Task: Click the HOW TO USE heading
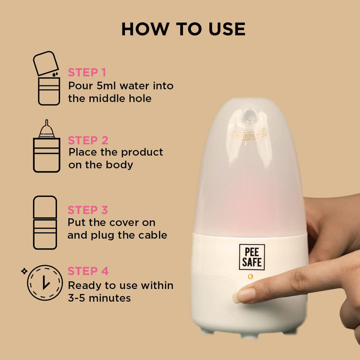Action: click(x=183, y=29)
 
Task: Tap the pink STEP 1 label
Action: click(x=87, y=73)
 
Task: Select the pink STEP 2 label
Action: click(x=88, y=140)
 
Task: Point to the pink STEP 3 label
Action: click(x=87, y=210)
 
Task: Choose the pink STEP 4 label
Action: click(x=88, y=271)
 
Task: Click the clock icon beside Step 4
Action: click(x=45, y=283)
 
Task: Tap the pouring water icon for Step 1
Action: click(x=47, y=79)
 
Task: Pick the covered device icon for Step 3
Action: click(x=45, y=223)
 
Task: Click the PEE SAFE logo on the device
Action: click(x=252, y=257)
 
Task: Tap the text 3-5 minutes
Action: click(x=99, y=298)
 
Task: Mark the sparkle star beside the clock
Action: click(x=24, y=271)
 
